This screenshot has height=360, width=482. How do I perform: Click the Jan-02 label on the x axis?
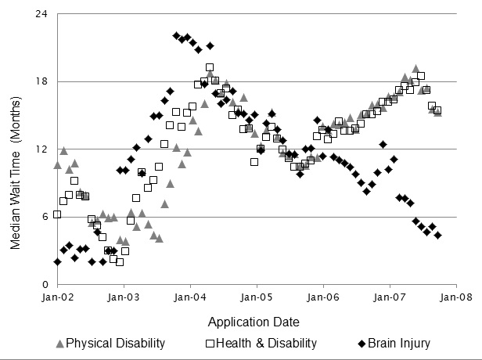point(57,298)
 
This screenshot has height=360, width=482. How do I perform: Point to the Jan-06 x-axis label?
point(324,298)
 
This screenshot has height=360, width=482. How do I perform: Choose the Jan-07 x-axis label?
point(390,298)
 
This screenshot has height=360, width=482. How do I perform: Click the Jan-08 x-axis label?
point(457,298)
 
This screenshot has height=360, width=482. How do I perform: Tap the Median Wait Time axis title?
point(16,149)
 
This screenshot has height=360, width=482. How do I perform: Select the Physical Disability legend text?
point(116,343)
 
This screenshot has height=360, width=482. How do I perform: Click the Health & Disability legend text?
point(266,343)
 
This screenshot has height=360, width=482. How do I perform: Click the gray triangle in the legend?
point(59,343)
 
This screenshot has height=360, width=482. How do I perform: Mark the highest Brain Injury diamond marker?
point(178,36)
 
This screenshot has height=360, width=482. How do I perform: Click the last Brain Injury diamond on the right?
point(438,235)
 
